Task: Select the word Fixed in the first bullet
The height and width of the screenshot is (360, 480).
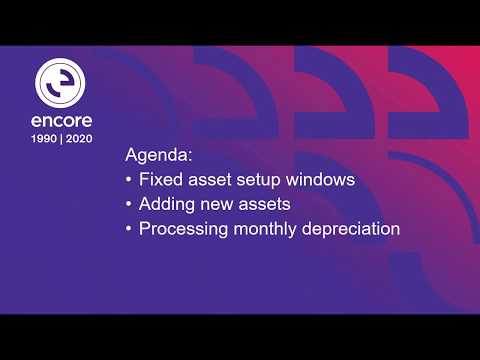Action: click(x=161, y=181)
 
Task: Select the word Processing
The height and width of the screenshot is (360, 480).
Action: click(x=185, y=229)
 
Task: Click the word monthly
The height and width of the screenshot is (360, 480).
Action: click(x=270, y=229)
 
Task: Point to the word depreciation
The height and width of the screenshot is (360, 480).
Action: click(x=354, y=229)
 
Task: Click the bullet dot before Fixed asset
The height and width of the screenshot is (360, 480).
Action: click(x=129, y=181)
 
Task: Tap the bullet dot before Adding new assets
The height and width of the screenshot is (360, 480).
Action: click(x=129, y=205)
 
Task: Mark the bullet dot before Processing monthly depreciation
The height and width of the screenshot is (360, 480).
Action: click(x=129, y=229)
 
